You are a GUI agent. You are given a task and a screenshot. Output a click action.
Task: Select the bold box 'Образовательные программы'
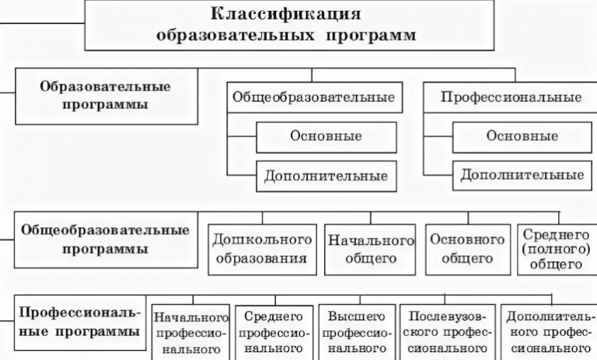(105, 95)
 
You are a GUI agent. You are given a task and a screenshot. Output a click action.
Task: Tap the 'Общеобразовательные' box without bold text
(312, 98)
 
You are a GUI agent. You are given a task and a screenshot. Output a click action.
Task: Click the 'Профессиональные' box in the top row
(511, 98)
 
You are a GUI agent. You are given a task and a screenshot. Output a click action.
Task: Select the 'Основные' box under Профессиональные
(522, 137)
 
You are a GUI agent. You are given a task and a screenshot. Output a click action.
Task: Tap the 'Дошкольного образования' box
(261, 248)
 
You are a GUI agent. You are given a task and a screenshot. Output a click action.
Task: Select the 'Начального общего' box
(369, 248)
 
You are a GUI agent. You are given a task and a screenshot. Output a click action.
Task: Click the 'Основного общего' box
(468, 248)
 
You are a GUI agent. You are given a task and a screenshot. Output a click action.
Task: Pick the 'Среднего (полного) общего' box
(554, 248)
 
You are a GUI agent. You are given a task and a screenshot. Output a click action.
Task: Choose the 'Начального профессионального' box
(190, 331)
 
